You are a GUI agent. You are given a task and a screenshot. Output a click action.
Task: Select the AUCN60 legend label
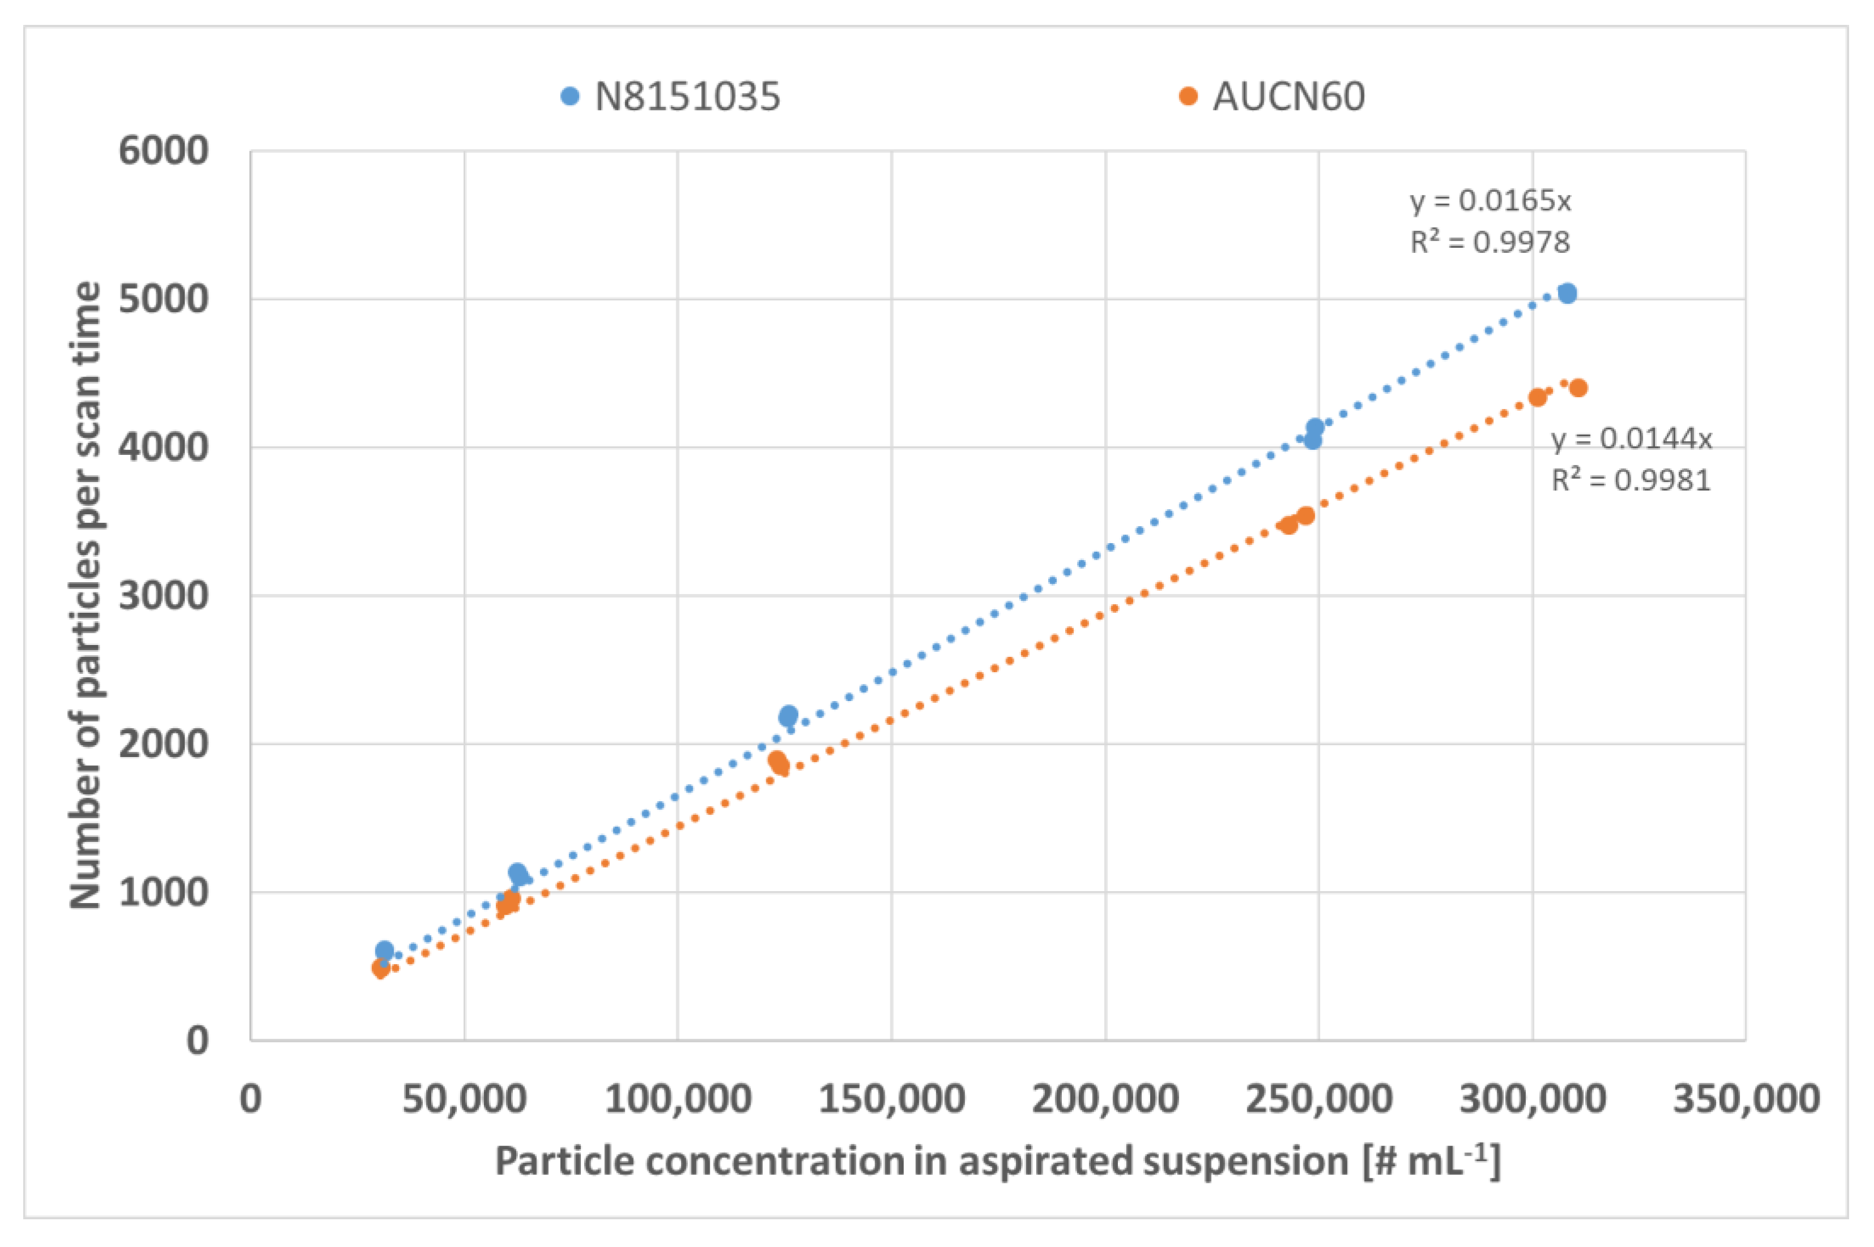tap(1289, 97)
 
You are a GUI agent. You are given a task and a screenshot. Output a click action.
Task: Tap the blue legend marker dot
tap(569, 96)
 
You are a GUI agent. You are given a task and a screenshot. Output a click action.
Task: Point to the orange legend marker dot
tap(1187, 96)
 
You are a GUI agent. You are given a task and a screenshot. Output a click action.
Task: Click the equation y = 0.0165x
tap(1490, 200)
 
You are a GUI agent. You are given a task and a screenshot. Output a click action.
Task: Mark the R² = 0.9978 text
tap(1490, 242)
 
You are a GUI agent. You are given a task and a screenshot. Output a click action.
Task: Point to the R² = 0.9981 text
tap(1631, 480)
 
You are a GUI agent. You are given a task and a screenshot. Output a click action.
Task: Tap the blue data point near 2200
tap(788, 715)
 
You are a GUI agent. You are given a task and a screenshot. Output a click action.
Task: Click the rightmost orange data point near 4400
tap(1578, 388)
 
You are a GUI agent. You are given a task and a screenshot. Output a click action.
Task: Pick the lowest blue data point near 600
tap(384, 949)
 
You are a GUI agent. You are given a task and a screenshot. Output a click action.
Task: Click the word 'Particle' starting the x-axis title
tap(565, 1161)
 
